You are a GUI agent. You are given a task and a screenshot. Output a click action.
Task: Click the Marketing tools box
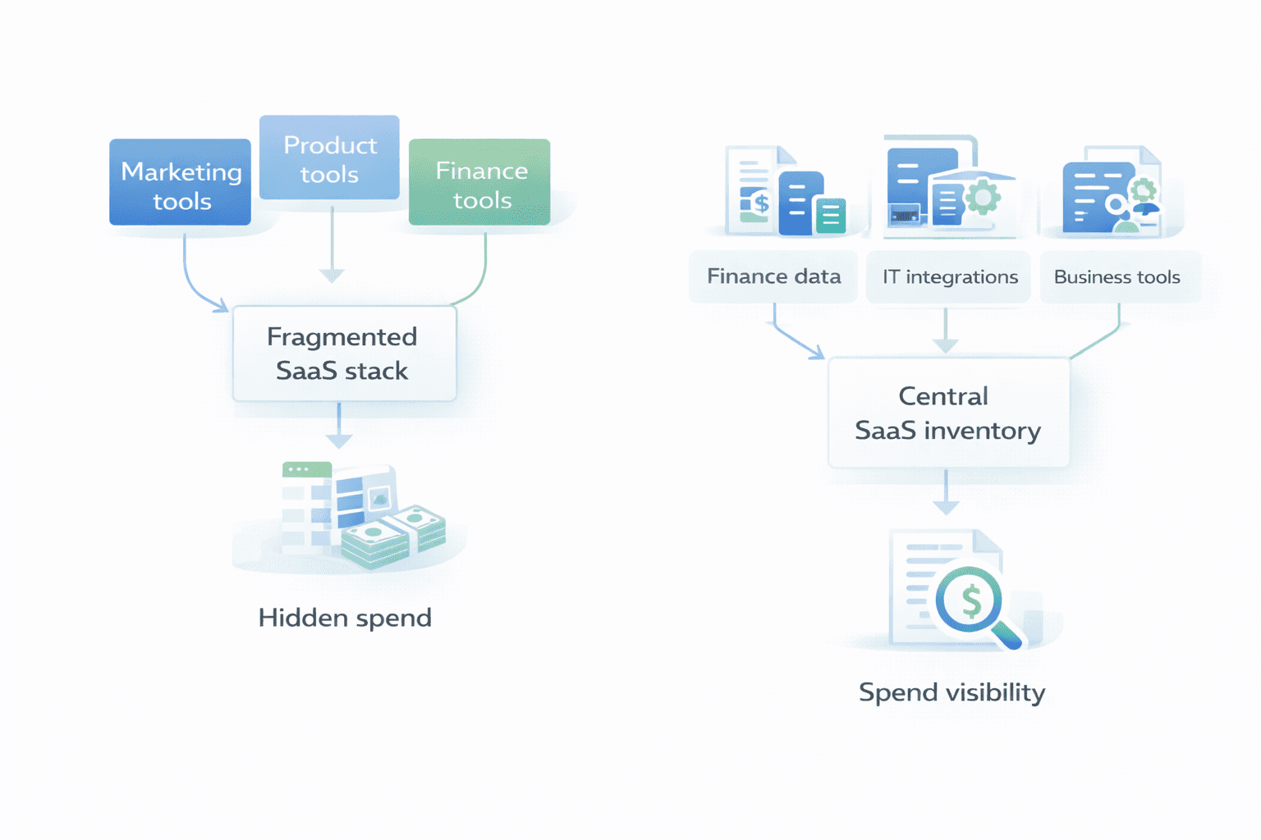(x=180, y=182)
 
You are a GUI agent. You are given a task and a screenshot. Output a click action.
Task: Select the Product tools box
(x=329, y=157)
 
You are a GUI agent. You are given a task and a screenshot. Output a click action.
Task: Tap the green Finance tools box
(x=479, y=182)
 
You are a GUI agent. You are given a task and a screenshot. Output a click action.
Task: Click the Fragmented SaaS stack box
(x=344, y=354)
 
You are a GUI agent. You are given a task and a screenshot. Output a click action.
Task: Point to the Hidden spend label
(x=345, y=618)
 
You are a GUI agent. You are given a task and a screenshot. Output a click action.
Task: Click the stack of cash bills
(x=394, y=537)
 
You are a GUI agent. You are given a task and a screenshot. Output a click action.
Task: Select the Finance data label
(x=773, y=277)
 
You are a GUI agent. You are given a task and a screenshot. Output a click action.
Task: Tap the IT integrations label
(x=949, y=277)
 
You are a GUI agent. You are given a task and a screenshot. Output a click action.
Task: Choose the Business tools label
(x=1117, y=277)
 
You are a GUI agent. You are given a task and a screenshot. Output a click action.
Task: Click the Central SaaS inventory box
(x=948, y=413)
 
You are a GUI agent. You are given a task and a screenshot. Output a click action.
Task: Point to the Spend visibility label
(x=951, y=692)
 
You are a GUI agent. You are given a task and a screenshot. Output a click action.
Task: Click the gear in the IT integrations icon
(x=983, y=197)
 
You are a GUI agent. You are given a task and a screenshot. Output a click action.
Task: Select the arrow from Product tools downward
(x=332, y=246)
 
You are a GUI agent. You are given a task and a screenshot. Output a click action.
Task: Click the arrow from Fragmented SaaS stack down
(x=339, y=427)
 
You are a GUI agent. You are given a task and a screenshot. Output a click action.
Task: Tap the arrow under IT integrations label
(x=946, y=331)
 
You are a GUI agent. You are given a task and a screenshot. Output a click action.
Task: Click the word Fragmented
(x=342, y=337)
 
